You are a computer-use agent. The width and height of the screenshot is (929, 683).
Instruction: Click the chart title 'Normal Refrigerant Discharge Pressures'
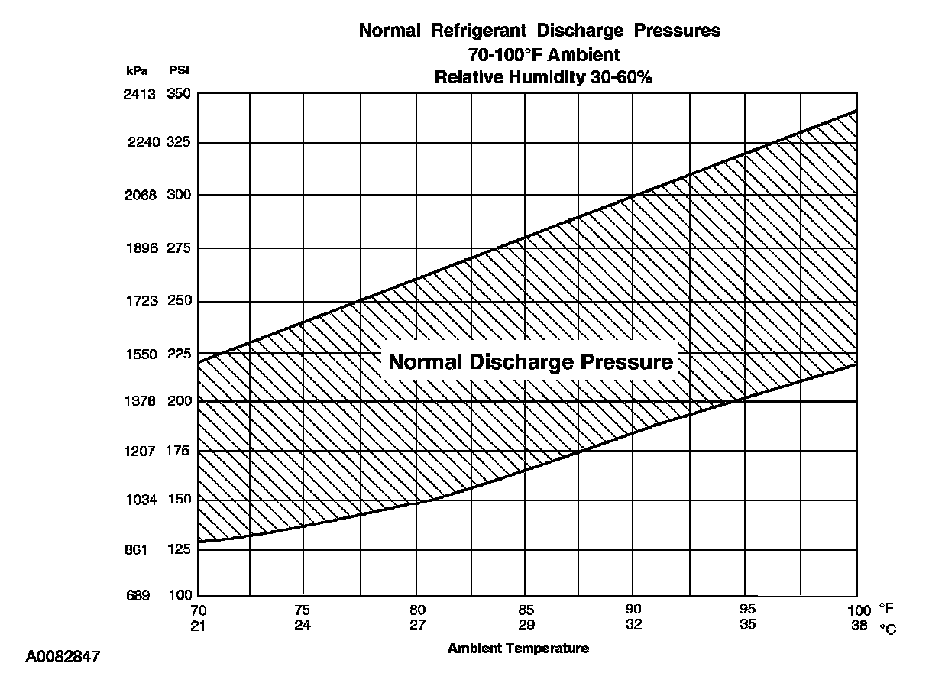pyautogui.click(x=539, y=31)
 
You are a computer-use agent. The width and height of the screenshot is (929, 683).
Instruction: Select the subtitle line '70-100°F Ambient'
pyautogui.click(x=543, y=54)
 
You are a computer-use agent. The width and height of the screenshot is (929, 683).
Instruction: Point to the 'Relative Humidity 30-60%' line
pyautogui.click(x=543, y=77)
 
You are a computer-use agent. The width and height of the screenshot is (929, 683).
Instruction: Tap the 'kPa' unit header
pyautogui.click(x=138, y=70)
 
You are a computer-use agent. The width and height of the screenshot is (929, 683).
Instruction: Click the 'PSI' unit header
pyautogui.click(x=178, y=70)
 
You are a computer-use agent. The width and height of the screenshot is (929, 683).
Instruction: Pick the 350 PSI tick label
pyautogui.click(x=178, y=94)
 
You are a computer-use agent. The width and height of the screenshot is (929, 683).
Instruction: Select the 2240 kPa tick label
pyautogui.click(x=141, y=142)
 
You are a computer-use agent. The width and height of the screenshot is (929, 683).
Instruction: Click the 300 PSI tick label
pyautogui.click(x=178, y=195)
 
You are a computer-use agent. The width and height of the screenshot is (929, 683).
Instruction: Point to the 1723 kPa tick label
pyautogui.click(x=141, y=301)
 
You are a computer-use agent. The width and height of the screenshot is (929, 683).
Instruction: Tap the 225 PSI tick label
pyautogui.click(x=178, y=354)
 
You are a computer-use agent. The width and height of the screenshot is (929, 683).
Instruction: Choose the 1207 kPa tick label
pyautogui.click(x=141, y=451)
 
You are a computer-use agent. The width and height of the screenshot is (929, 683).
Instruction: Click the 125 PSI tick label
pyautogui.click(x=178, y=549)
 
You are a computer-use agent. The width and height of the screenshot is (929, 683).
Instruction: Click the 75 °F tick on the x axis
pyautogui.click(x=303, y=610)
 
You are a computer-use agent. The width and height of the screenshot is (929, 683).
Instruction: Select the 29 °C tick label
pyautogui.click(x=526, y=624)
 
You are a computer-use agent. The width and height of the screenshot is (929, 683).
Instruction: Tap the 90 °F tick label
pyautogui.click(x=633, y=610)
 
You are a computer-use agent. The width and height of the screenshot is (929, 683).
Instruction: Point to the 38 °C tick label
pyautogui.click(x=859, y=626)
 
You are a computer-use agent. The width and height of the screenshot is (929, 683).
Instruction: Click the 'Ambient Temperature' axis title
pyautogui.click(x=518, y=649)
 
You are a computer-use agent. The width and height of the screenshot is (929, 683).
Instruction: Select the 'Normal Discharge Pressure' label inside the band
pyautogui.click(x=531, y=361)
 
